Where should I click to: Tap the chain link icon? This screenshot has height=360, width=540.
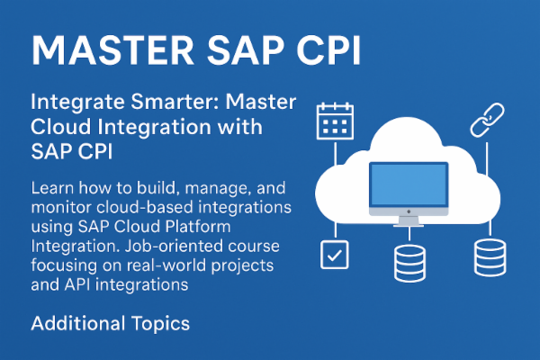484,119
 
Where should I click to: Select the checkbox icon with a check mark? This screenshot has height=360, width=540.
334,256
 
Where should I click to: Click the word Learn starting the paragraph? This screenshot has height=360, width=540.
52,189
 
